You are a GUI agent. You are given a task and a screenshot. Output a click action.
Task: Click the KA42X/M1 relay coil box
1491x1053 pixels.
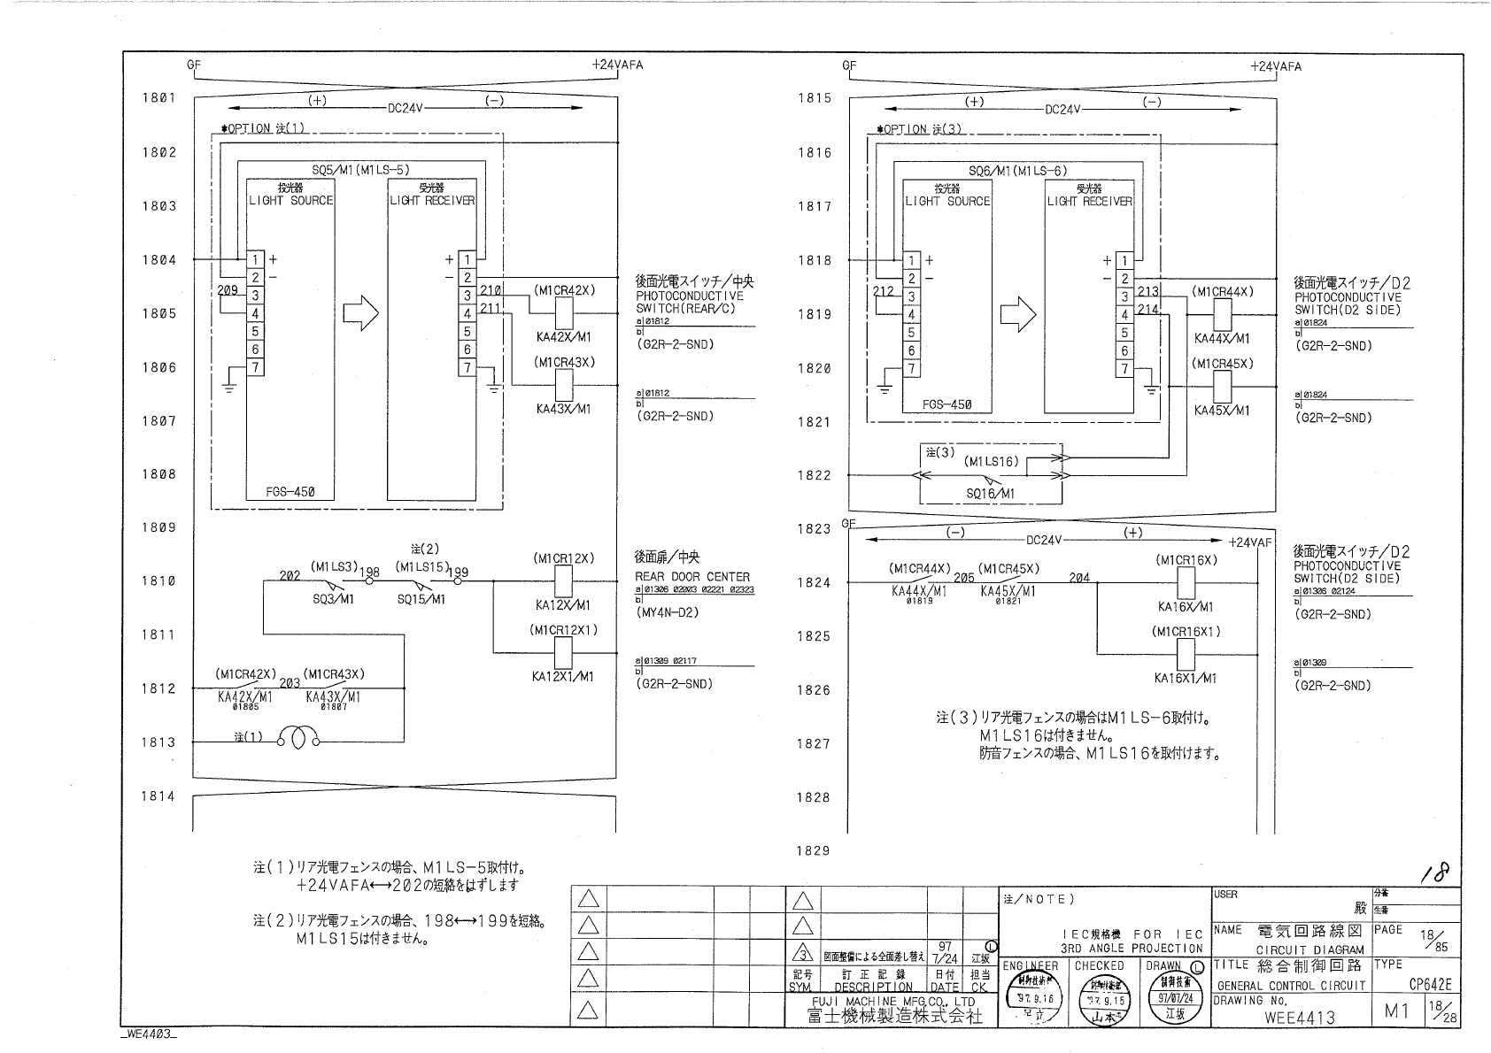[563, 313]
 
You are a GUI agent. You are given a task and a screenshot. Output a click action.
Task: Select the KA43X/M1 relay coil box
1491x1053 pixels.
[563, 386]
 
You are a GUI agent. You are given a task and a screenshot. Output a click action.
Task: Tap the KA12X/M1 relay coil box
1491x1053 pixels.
[563, 582]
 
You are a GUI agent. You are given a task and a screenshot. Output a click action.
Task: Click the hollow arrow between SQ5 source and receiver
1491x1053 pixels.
[360, 312]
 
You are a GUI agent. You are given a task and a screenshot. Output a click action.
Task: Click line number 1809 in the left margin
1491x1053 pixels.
[159, 527]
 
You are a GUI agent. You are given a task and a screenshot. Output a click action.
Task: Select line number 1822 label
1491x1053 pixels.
[815, 475]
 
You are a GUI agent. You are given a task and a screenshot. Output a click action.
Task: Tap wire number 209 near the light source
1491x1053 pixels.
[227, 289]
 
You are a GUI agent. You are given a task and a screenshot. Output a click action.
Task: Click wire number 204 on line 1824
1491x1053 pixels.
[1078, 577]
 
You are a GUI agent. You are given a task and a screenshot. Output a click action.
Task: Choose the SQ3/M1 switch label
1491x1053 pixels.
[333, 599]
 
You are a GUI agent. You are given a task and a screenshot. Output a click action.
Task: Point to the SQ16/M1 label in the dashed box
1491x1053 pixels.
[990, 493]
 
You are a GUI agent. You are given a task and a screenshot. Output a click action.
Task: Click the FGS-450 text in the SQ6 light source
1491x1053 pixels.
[946, 404]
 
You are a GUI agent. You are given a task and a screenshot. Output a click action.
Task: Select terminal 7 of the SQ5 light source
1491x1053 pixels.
[255, 367]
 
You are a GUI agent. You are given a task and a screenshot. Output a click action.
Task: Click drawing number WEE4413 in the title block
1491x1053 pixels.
[1300, 1017]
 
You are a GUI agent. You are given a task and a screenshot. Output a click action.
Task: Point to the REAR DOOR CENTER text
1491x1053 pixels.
[691, 576]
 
